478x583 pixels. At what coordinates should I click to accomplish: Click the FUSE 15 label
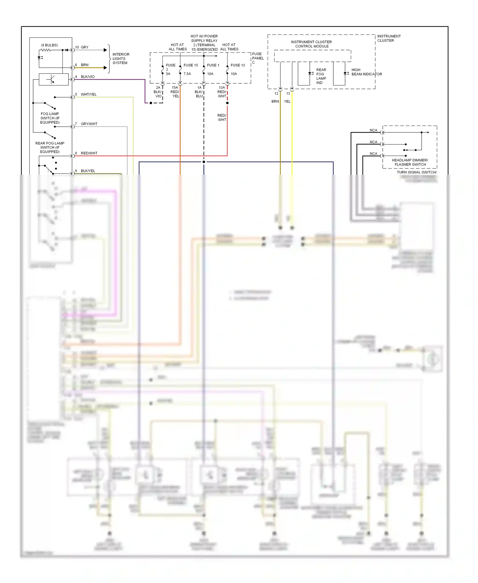(x=191, y=65)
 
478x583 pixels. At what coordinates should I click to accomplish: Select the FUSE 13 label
(x=238, y=65)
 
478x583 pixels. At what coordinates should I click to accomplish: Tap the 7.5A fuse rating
(x=187, y=74)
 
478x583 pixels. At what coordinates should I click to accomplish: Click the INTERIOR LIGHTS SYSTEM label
(x=120, y=59)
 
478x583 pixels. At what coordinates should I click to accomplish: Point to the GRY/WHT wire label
(x=89, y=124)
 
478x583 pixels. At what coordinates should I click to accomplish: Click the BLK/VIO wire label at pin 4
(x=88, y=77)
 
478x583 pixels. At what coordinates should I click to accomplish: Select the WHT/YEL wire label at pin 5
(x=89, y=94)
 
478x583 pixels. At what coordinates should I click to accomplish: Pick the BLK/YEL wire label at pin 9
(x=88, y=171)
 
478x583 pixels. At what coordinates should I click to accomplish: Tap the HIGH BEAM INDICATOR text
(x=366, y=72)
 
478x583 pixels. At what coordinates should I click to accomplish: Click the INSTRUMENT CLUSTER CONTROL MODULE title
(x=311, y=44)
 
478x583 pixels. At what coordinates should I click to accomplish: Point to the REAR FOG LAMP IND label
(x=321, y=76)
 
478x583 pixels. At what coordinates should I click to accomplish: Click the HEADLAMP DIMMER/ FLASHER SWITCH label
(x=410, y=162)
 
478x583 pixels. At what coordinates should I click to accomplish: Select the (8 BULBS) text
(x=49, y=45)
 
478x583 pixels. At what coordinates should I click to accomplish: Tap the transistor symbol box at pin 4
(x=53, y=79)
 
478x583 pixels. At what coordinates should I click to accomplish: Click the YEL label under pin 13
(x=287, y=101)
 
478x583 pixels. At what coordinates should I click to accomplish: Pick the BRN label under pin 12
(x=275, y=101)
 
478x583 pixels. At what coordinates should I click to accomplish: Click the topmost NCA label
(x=373, y=130)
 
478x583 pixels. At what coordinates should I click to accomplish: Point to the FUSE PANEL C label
(x=257, y=58)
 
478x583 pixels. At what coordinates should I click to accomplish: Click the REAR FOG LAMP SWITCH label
(x=50, y=147)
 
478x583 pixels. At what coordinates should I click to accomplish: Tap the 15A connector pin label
(x=175, y=88)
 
